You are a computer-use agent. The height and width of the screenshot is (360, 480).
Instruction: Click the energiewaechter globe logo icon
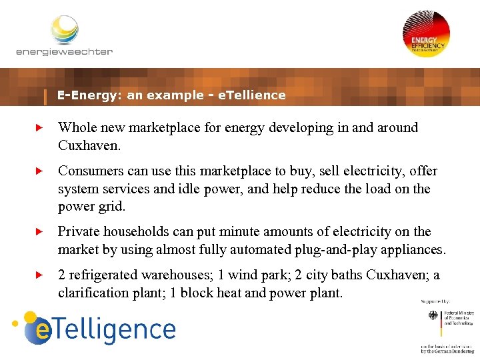click(x=65, y=29)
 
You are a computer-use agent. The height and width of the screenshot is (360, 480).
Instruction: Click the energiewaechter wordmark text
click(x=64, y=51)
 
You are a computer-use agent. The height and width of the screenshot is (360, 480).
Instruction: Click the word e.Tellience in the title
click(x=252, y=95)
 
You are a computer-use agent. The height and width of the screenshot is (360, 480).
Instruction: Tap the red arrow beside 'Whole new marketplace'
click(x=39, y=127)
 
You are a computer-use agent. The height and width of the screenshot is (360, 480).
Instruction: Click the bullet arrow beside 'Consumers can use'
click(x=39, y=171)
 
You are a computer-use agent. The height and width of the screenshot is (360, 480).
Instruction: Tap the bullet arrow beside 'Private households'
click(x=39, y=232)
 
